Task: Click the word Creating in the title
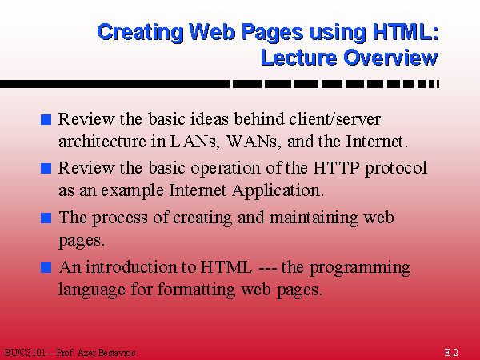pyautogui.click(x=140, y=33)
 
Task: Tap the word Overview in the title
pyautogui.click(x=390, y=58)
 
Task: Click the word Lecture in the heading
pyautogui.click(x=298, y=58)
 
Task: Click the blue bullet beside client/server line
pyautogui.click(x=46, y=119)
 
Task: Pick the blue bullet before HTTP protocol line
pyautogui.click(x=46, y=169)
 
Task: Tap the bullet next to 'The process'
pyautogui.click(x=46, y=218)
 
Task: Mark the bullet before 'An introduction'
pyautogui.click(x=46, y=267)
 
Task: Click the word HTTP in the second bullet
pyautogui.click(x=336, y=168)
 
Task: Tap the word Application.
pyautogui.click(x=278, y=191)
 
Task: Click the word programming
pyautogui.click(x=360, y=268)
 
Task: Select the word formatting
pyautogui.click(x=196, y=290)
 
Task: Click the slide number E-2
pyautogui.click(x=451, y=353)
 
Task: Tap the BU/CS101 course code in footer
pyautogui.click(x=25, y=353)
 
